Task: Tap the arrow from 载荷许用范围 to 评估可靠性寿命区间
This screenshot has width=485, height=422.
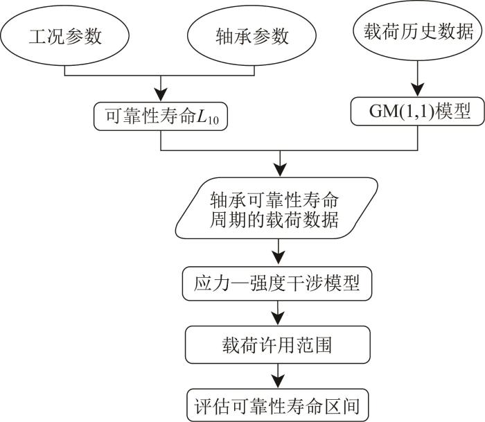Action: [x=279, y=374]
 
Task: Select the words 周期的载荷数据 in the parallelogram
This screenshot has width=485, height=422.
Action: [x=276, y=221]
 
